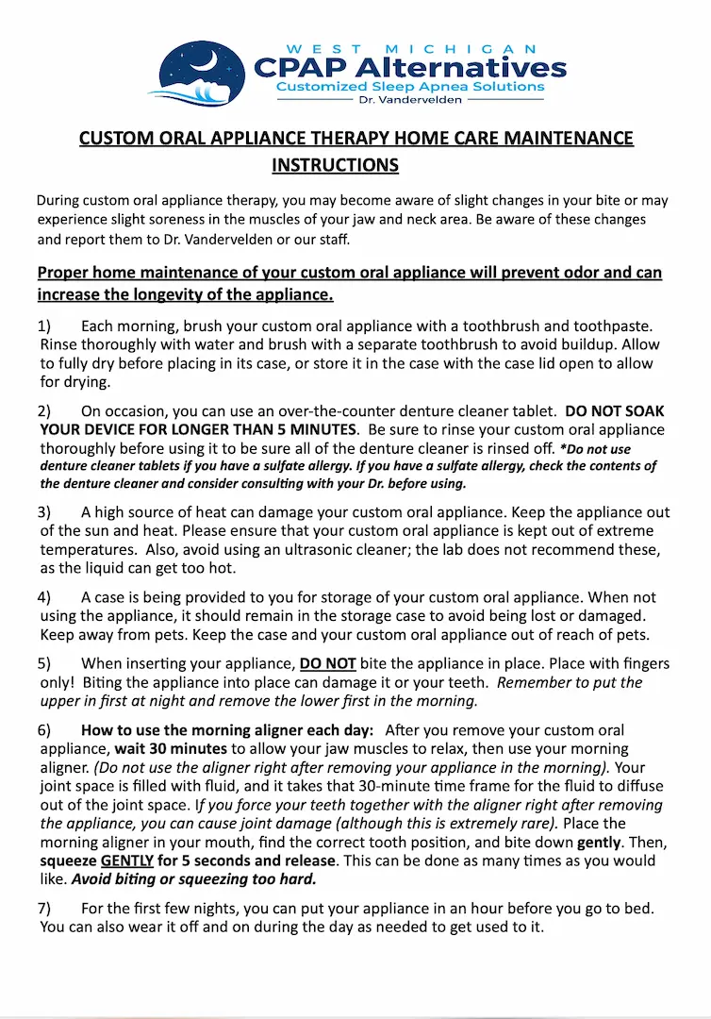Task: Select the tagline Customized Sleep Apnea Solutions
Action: tap(409, 87)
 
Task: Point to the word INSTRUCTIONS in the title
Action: tap(335, 165)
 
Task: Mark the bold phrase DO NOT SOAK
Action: tap(614, 411)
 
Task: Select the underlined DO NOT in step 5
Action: tap(327, 664)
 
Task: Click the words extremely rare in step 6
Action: tap(498, 823)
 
